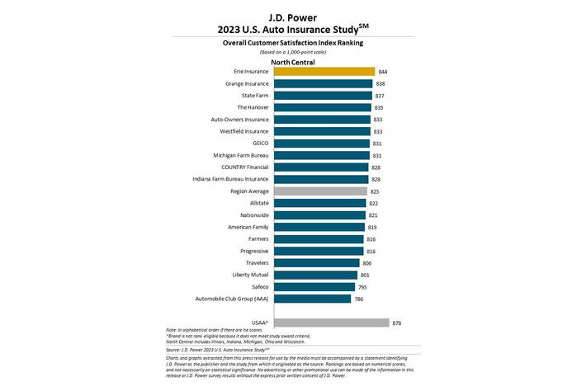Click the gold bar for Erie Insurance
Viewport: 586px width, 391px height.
(x=324, y=72)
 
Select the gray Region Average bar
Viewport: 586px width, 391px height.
(x=320, y=191)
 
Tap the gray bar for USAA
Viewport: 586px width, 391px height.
(x=331, y=323)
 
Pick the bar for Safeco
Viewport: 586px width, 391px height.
(x=314, y=286)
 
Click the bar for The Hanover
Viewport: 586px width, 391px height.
(x=322, y=107)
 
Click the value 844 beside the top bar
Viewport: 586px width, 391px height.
(x=385, y=72)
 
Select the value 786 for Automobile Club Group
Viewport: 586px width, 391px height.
(x=359, y=299)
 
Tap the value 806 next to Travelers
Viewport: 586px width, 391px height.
(x=367, y=262)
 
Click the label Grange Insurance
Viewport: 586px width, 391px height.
(x=245, y=83)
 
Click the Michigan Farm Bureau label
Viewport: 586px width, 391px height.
(x=239, y=155)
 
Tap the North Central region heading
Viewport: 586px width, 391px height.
(x=292, y=61)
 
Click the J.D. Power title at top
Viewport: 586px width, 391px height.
(x=292, y=15)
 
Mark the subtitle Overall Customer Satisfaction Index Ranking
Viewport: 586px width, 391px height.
(x=292, y=41)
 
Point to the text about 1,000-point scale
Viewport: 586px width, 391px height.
(x=292, y=51)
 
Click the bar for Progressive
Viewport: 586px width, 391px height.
(x=318, y=251)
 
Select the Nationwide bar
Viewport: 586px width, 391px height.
(x=319, y=214)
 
